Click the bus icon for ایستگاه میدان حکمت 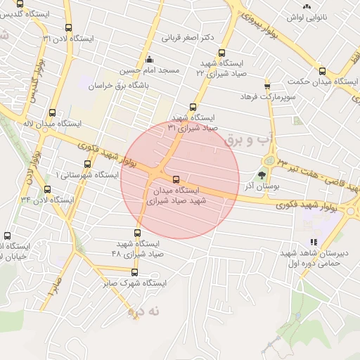click(323, 71)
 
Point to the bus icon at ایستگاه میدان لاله click(54, 112)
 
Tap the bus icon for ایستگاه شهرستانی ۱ click(87, 164)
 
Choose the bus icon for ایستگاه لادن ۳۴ click(47, 189)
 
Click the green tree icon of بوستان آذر click(263, 175)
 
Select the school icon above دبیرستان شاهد click(314, 241)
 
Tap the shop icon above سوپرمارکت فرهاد click(267, 86)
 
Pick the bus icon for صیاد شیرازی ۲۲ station click(222, 53)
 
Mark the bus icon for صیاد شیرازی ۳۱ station click(193, 107)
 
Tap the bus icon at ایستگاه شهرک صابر click(134, 273)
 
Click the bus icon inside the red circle click(176, 179)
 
